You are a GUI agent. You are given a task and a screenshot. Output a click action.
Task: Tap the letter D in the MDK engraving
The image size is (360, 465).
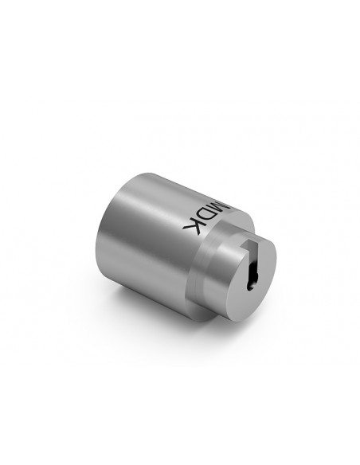pyautogui.click(x=207, y=213)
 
